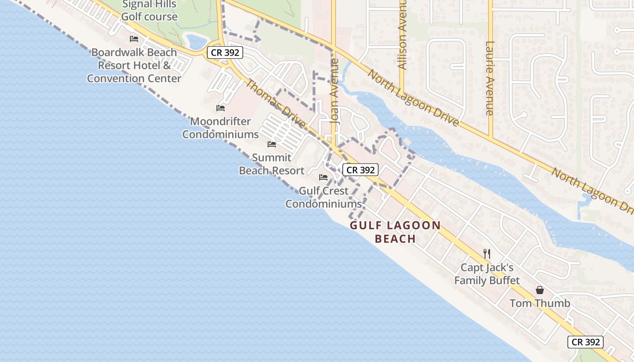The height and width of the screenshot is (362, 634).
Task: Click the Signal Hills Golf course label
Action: [149, 11]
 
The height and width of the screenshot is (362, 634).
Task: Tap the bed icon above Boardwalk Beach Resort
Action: [134, 39]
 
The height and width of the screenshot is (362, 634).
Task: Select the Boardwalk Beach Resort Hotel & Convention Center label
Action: [134, 65]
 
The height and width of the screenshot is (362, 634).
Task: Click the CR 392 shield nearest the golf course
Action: [225, 52]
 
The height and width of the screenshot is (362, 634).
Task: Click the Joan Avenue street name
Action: [335, 90]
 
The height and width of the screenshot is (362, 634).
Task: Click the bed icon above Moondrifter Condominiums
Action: [221, 108]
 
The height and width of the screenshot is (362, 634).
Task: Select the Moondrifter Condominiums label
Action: [221, 128]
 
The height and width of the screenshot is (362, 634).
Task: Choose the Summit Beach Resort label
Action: [272, 164]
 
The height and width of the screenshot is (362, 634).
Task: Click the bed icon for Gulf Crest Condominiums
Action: [323, 177]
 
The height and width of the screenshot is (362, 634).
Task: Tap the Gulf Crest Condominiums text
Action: [323, 197]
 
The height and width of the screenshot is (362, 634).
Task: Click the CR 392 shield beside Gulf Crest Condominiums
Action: [360, 170]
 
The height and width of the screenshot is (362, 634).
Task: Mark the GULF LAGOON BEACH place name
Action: [395, 232]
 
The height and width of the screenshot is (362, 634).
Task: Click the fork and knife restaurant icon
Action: [487, 253]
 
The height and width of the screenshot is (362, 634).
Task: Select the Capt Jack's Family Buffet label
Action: [487, 274]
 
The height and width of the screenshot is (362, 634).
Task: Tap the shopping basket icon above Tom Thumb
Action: [540, 290]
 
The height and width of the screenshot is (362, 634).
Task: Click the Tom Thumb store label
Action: [540, 303]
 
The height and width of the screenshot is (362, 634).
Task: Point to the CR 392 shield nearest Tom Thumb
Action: [586, 342]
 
